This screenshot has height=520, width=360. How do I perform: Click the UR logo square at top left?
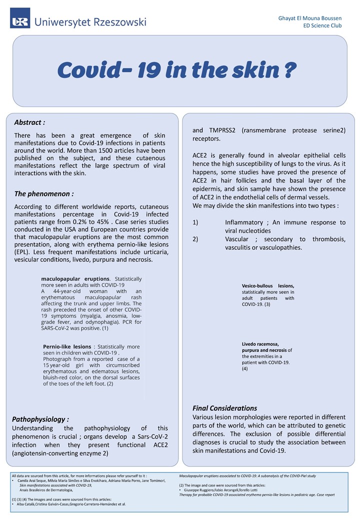point(20,18)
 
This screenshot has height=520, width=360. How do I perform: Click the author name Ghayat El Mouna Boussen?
point(310,18)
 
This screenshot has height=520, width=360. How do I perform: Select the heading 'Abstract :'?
point(29,122)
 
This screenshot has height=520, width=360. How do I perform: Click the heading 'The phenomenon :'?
point(44,193)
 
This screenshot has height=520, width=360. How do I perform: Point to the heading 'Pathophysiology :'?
point(40,419)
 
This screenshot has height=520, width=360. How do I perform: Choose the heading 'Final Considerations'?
point(224,408)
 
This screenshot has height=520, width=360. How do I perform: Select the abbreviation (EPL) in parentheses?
point(23,251)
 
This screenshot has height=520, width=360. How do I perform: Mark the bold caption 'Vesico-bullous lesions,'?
point(268,286)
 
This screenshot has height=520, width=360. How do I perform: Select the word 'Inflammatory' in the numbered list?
point(243,222)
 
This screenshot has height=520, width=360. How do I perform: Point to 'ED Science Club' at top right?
point(322,25)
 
